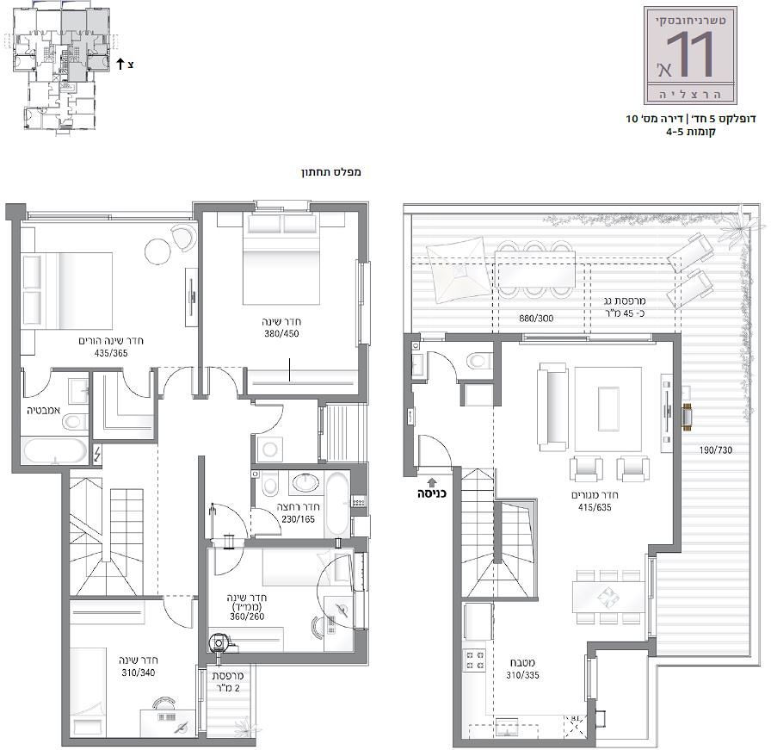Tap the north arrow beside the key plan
coord(120,64)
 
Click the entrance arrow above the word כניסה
coord(432,482)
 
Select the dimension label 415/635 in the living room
coord(595,507)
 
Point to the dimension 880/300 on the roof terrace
coord(536,319)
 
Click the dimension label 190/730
coord(715,449)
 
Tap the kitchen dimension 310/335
coord(522,675)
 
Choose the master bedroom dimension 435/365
coord(111,353)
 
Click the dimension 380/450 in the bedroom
coord(281,333)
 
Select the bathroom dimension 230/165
coord(298,518)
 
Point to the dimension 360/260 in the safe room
coord(247,617)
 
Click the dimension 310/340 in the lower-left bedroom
coord(139,673)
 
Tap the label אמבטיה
coord(43,410)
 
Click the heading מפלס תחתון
coord(331,172)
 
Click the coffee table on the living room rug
coord(608,408)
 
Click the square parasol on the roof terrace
coord(459,270)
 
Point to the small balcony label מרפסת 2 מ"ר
coord(228,682)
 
